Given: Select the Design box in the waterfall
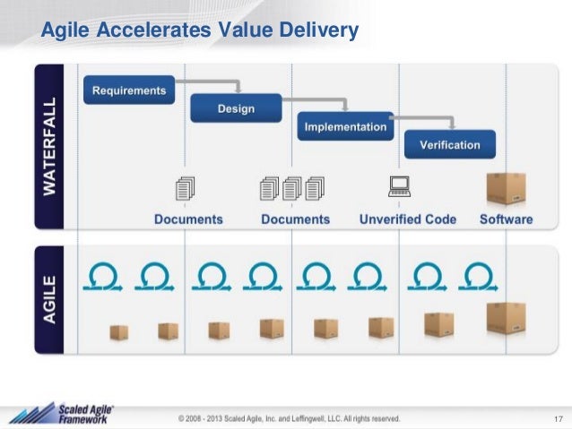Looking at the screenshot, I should click(234, 108).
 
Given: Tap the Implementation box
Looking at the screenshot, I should click(345, 126).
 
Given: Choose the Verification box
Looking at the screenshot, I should click(448, 144).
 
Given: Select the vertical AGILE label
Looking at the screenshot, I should click(55, 300).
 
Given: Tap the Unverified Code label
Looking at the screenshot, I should click(408, 219).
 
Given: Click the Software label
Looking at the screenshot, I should click(506, 219).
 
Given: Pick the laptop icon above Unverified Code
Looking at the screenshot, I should click(398, 186).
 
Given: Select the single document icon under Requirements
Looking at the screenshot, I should click(186, 189).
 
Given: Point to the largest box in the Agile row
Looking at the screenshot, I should click(505, 318).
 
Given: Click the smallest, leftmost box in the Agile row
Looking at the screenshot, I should click(118, 331).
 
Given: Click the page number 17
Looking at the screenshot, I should click(558, 418).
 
